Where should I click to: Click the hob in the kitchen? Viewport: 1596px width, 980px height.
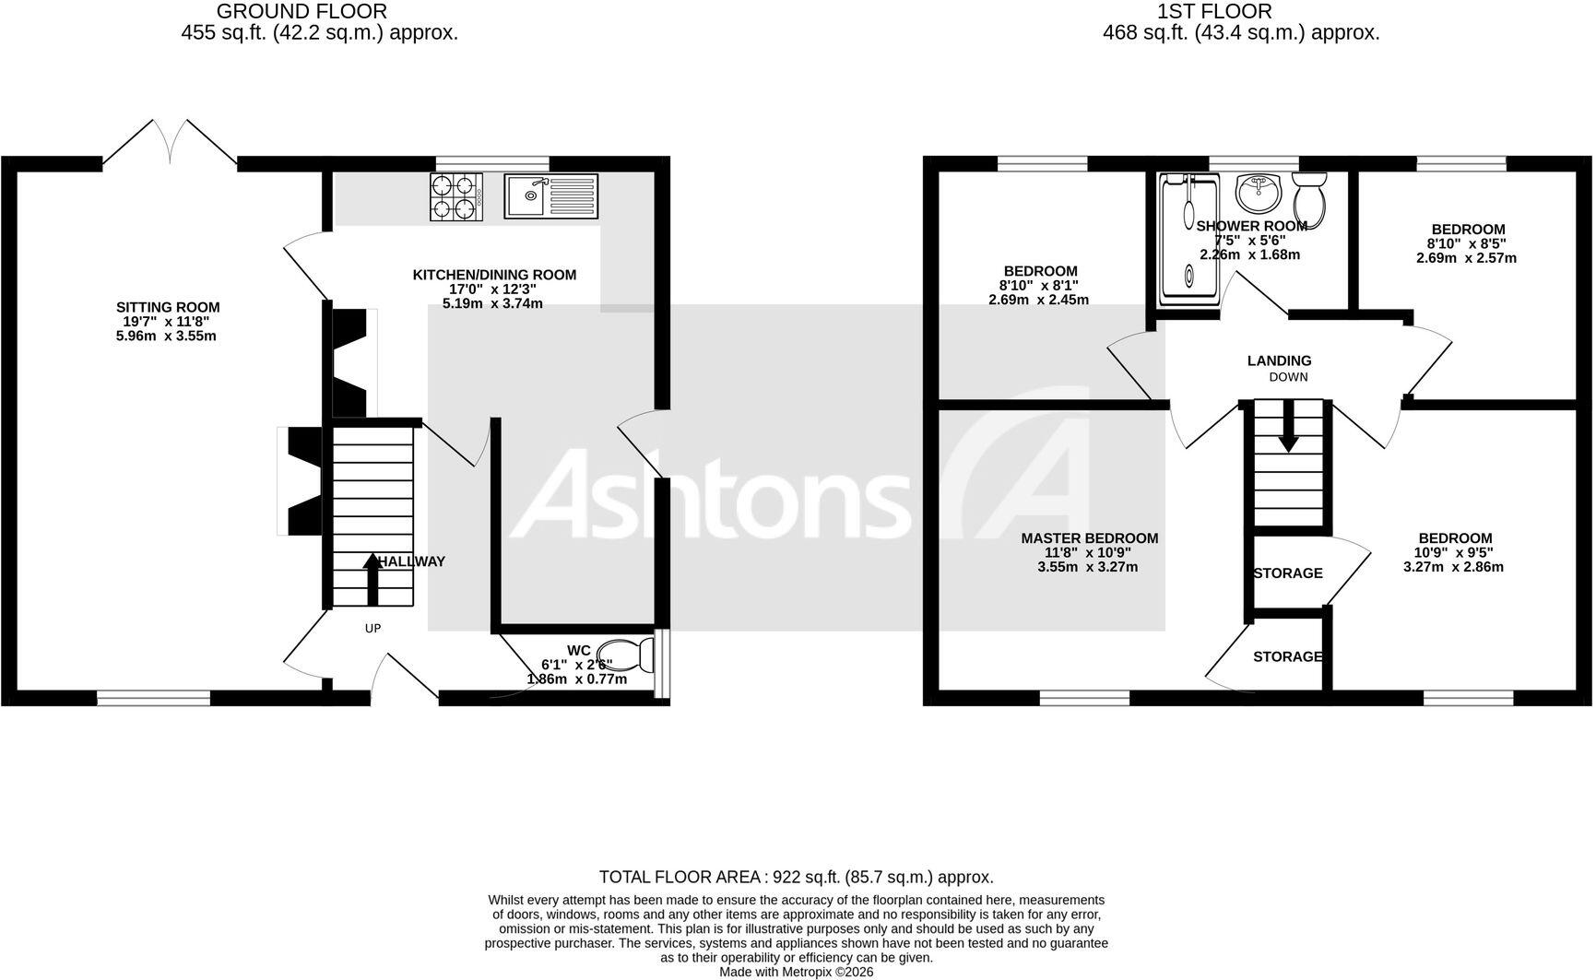(x=456, y=196)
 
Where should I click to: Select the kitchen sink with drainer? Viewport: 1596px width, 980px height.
(x=550, y=195)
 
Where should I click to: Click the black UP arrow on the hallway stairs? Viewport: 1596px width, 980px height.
(x=372, y=578)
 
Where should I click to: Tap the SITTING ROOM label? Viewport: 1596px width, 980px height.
(x=168, y=307)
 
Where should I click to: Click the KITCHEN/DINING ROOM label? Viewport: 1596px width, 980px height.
(x=494, y=275)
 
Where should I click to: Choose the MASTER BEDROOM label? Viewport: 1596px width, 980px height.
(x=1089, y=538)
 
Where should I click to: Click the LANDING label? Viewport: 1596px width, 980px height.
(x=1279, y=361)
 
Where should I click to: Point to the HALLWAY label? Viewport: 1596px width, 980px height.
(x=412, y=561)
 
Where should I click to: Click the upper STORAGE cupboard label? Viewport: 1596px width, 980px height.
(x=1288, y=573)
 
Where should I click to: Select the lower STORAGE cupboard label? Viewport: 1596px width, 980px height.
(x=1288, y=656)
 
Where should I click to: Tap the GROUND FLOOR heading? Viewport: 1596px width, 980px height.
(x=302, y=11)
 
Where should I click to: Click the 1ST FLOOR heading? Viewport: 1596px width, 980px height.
(x=1214, y=11)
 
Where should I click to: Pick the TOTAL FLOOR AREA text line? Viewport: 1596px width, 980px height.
(x=797, y=877)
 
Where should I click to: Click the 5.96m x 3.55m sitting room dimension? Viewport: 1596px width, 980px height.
(x=167, y=336)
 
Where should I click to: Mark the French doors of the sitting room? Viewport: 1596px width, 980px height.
(x=170, y=142)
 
